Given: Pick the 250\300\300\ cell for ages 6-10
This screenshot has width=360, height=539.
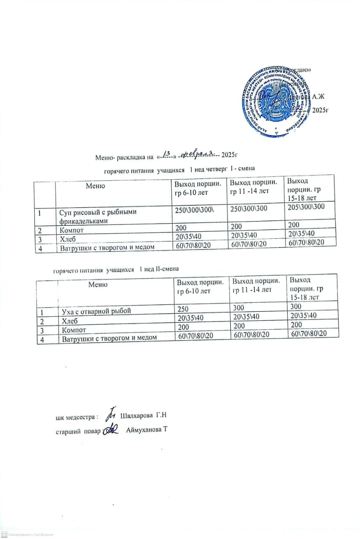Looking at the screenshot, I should pos(195,211).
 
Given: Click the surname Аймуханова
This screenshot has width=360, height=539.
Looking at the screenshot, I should pos(144,430).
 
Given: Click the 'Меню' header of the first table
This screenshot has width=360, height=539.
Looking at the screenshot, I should pos(95,185).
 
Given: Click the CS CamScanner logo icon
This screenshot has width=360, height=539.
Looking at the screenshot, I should pos(4,534).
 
